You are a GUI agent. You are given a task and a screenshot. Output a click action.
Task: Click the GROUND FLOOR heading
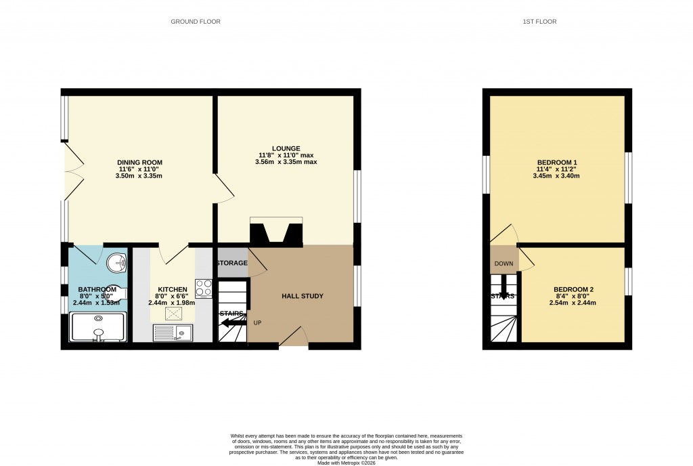(195, 22)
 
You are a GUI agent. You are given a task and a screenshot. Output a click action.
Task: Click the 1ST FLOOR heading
(539, 22)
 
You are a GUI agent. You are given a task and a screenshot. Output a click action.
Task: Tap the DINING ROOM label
(139, 163)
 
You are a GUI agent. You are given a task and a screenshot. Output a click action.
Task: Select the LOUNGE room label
(286, 148)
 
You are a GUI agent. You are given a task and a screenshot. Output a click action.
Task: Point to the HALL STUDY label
(303, 296)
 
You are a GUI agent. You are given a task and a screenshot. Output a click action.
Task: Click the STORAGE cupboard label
(231, 263)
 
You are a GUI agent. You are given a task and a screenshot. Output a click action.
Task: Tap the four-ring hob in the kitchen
(203, 289)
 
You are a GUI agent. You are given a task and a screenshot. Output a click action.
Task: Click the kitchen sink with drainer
(173, 333)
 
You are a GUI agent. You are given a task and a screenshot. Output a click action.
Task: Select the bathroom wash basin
(118, 259)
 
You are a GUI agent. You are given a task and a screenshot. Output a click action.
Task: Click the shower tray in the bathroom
(97, 328)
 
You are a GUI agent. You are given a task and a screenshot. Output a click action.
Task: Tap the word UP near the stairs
(257, 322)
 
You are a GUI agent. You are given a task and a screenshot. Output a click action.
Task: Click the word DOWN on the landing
(504, 263)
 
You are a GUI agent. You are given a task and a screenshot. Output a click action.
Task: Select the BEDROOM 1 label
(556, 163)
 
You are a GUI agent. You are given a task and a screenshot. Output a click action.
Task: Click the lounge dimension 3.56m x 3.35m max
(286, 162)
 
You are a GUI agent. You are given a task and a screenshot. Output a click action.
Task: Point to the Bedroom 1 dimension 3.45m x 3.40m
(556, 175)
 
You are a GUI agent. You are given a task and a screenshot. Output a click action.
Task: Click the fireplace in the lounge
(276, 232)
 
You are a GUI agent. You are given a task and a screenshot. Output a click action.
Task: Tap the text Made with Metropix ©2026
(346, 463)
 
